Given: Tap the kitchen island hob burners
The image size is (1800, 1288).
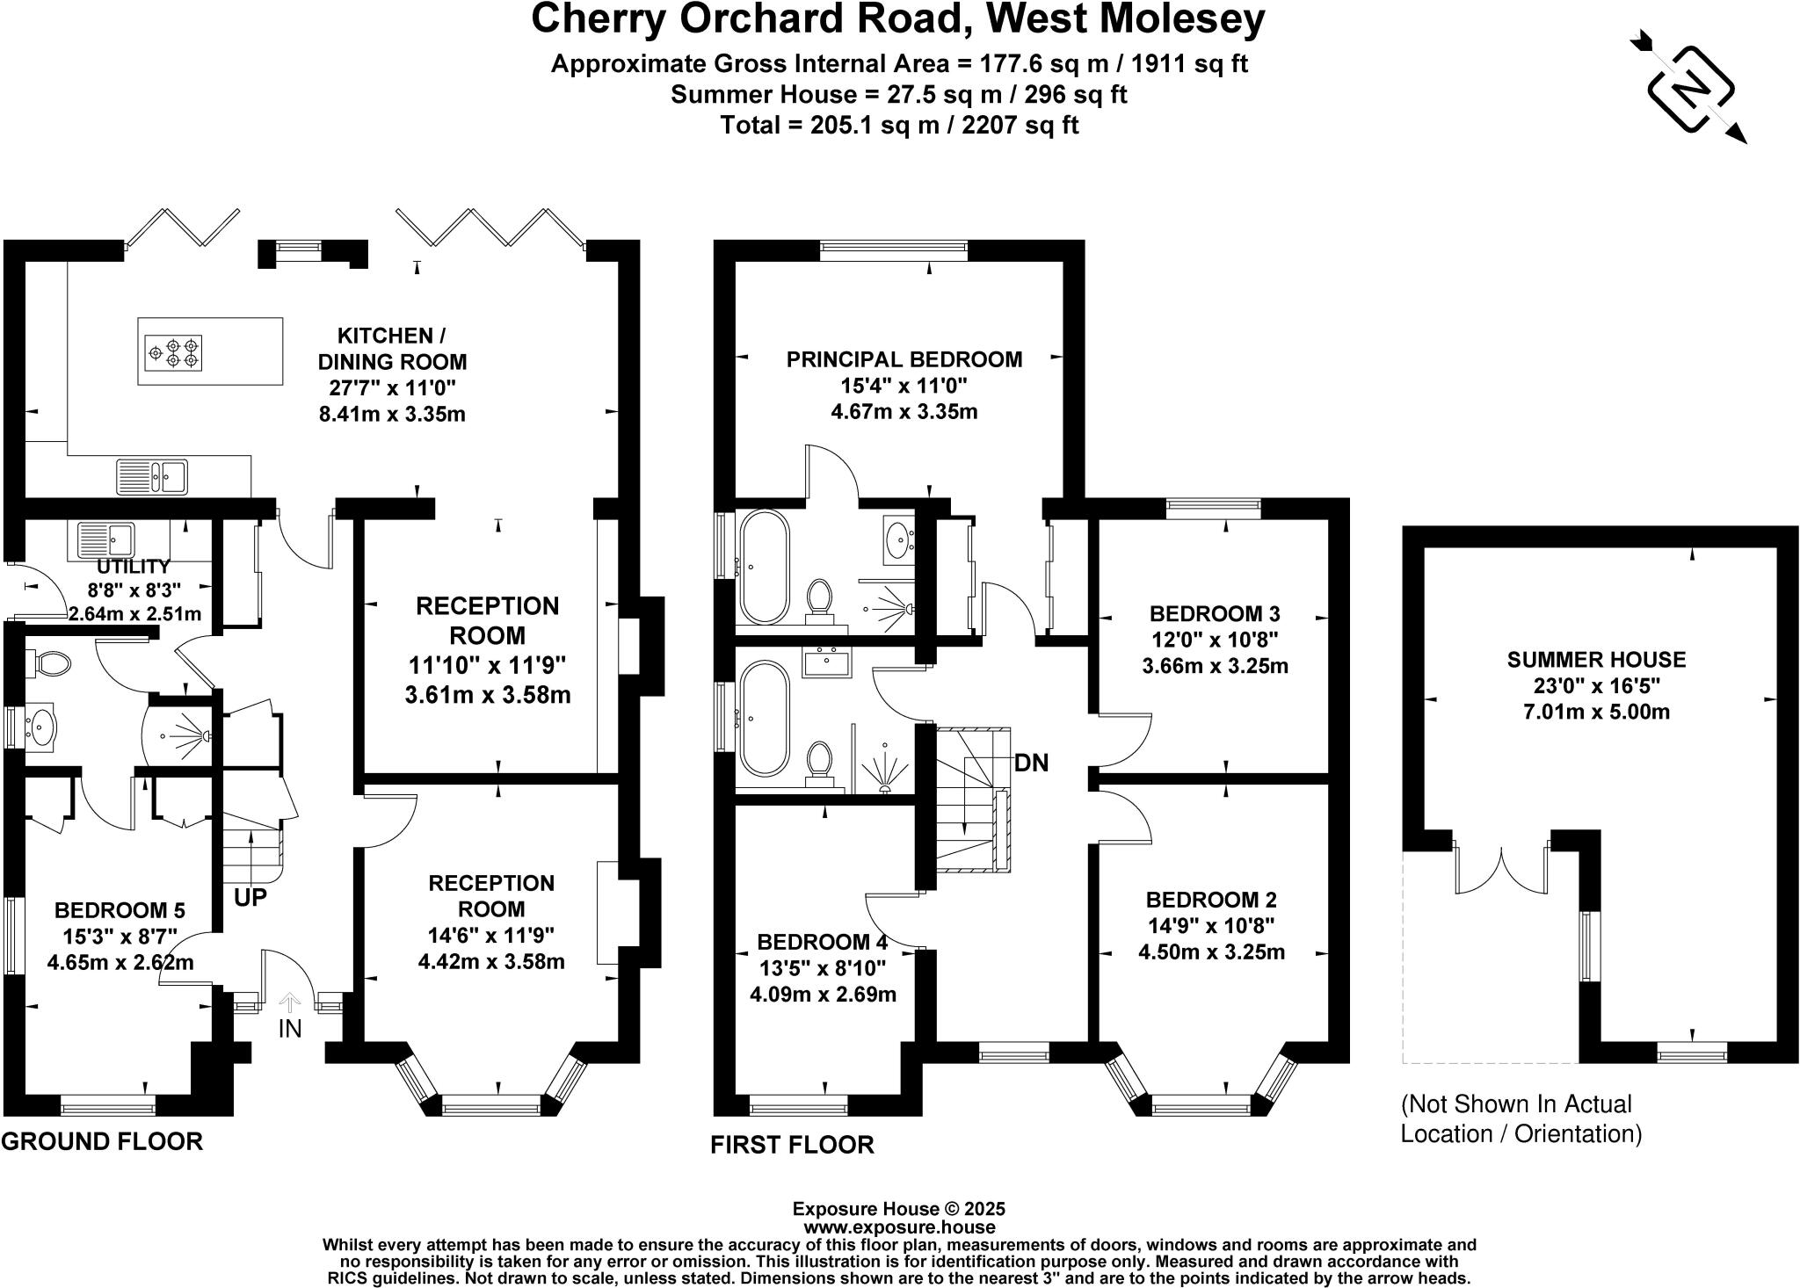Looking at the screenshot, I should point(173,351).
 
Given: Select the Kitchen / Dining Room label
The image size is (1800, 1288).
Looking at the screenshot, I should point(392,349).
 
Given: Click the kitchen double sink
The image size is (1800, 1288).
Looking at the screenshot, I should point(152,477).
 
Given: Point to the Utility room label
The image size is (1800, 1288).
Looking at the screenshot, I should point(134,567).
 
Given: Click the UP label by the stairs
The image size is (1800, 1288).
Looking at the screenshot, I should point(250,897).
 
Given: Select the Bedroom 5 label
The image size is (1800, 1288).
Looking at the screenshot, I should point(120,910).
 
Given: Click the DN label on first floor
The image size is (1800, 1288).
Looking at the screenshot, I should point(1031,763).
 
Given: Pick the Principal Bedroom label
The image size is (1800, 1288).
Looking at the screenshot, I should point(904,359).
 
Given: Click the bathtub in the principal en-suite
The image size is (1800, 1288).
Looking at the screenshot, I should point(766,568).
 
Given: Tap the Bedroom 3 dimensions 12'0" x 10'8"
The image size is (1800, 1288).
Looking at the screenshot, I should point(1215,640).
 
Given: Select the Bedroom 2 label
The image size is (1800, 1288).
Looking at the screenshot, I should point(1211,900).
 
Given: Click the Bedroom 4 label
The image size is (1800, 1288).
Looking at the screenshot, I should point(823,943).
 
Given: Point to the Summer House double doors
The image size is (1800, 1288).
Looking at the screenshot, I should point(1502,870).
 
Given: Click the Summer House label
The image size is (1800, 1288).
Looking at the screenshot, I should point(1596,659).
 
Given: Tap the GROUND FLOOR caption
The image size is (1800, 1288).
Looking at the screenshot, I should point(102,1141).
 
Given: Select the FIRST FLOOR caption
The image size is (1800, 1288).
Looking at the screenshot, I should point(792,1145).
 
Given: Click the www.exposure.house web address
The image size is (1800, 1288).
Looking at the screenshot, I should point(899,1227).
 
